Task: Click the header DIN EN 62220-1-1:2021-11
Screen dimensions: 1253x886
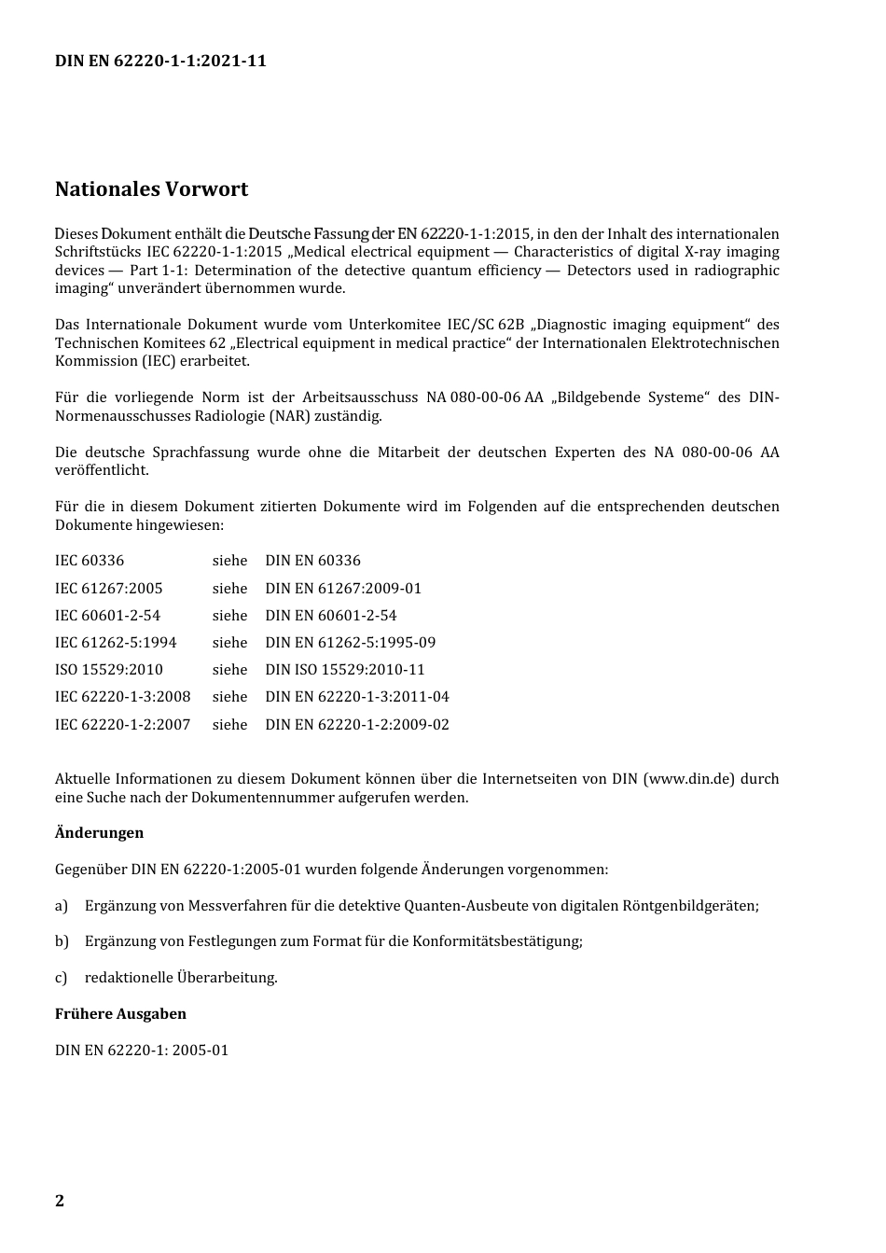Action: click(x=160, y=61)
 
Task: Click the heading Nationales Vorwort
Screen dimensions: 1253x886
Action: click(x=151, y=188)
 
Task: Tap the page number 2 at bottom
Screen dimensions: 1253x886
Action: click(x=60, y=1200)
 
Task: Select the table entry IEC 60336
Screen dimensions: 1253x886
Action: click(x=90, y=561)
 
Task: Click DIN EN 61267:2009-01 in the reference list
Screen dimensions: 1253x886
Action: click(x=343, y=589)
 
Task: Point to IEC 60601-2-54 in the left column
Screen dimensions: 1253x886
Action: click(x=107, y=616)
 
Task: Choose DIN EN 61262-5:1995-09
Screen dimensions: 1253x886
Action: click(x=350, y=643)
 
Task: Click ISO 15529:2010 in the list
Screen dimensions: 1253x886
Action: click(x=108, y=670)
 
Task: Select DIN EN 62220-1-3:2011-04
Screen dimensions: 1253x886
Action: click(x=356, y=697)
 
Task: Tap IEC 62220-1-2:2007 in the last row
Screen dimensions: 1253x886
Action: click(x=122, y=725)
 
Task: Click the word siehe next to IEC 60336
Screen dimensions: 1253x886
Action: click(x=229, y=561)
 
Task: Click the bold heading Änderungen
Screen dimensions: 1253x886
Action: click(x=99, y=832)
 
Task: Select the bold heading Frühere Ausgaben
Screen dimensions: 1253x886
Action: click(x=120, y=1013)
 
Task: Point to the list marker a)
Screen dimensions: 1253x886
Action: click(x=62, y=905)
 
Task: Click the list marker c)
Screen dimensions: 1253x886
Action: click(x=62, y=978)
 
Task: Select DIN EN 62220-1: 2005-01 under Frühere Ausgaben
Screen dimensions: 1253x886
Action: click(x=142, y=1050)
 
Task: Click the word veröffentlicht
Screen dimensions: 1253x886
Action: click(x=101, y=470)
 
